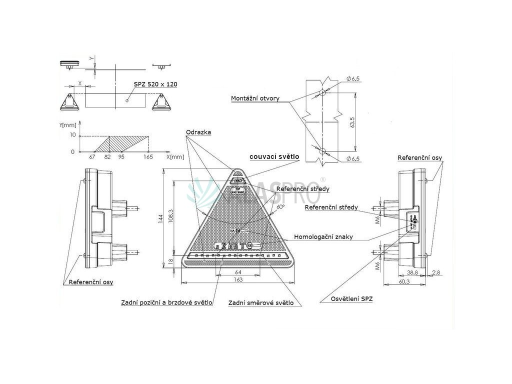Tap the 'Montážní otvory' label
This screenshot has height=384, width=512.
(255, 98)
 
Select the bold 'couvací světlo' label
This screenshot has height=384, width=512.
(274, 157)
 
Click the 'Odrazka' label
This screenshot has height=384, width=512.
(198, 132)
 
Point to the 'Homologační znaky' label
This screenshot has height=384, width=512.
(323, 237)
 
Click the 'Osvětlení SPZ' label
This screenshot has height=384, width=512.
(351, 299)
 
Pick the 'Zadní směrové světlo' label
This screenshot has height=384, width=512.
(260, 303)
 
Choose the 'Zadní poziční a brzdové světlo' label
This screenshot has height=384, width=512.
(166, 302)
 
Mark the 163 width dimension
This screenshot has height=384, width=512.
(238, 280)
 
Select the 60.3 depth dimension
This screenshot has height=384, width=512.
(403, 281)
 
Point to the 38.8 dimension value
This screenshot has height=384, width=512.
(412, 272)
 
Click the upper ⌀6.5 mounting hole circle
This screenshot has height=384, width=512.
(323, 93)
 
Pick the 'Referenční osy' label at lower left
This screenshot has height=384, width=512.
(91, 282)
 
